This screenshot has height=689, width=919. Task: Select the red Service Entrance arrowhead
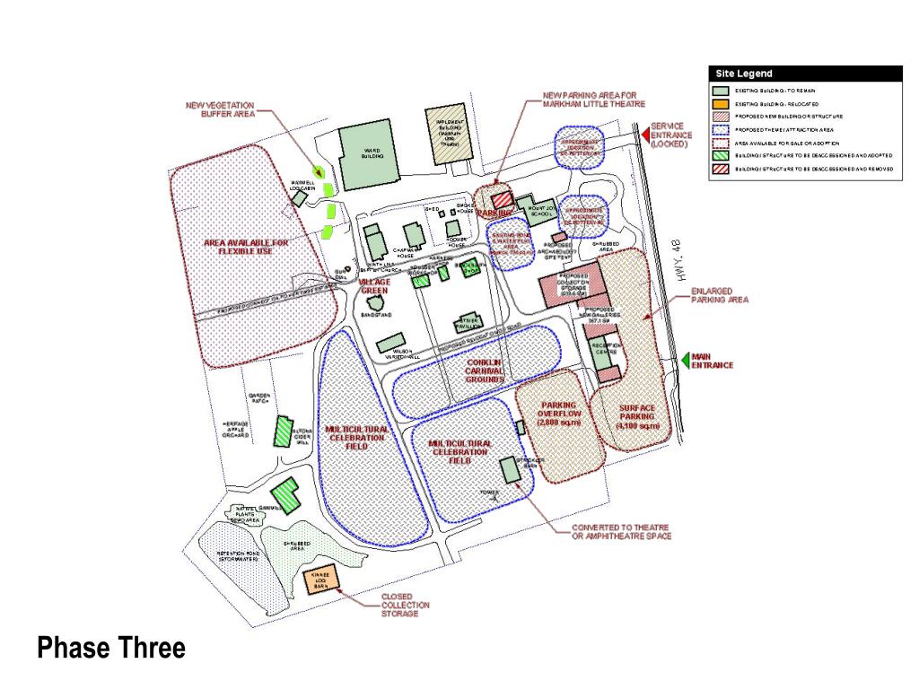click(644, 134)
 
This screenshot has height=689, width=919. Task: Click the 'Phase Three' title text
click(111, 647)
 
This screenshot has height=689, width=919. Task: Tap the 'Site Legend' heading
click(744, 74)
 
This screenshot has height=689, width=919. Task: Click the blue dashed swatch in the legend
click(721, 129)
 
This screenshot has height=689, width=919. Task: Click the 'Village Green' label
click(374, 286)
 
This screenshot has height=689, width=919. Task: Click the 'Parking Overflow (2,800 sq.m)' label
click(558, 414)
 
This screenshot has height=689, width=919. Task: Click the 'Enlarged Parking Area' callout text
click(712, 296)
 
